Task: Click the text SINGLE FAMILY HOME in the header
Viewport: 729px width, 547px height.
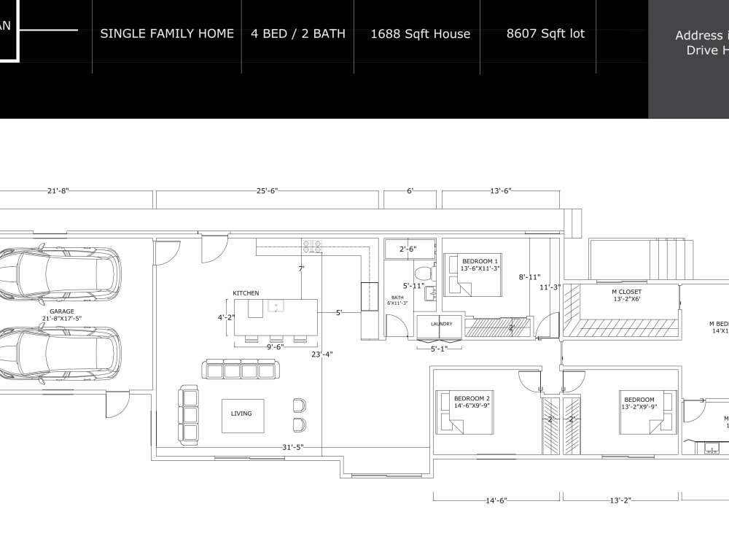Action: click(167, 34)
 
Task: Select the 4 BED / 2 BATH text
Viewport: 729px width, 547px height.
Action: click(298, 34)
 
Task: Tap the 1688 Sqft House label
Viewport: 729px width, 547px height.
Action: click(420, 34)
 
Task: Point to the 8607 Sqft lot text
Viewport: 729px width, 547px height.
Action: click(545, 34)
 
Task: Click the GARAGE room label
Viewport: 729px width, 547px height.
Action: click(62, 311)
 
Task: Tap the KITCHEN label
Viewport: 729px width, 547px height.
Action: click(246, 293)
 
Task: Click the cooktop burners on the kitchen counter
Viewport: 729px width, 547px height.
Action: click(313, 247)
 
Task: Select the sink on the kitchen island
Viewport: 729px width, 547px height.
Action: click(276, 306)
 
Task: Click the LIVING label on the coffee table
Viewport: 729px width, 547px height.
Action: click(241, 414)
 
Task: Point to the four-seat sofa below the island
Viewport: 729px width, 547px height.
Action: click(241, 369)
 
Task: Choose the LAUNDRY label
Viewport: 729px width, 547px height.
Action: click(441, 324)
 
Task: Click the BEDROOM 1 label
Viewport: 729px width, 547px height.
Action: click(480, 261)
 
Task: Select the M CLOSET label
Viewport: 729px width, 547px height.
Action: click(626, 292)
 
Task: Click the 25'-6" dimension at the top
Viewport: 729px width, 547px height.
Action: click(267, 191)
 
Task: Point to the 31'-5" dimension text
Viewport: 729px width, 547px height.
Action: click(292, 447)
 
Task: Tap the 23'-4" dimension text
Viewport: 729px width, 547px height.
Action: click(321, 355)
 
